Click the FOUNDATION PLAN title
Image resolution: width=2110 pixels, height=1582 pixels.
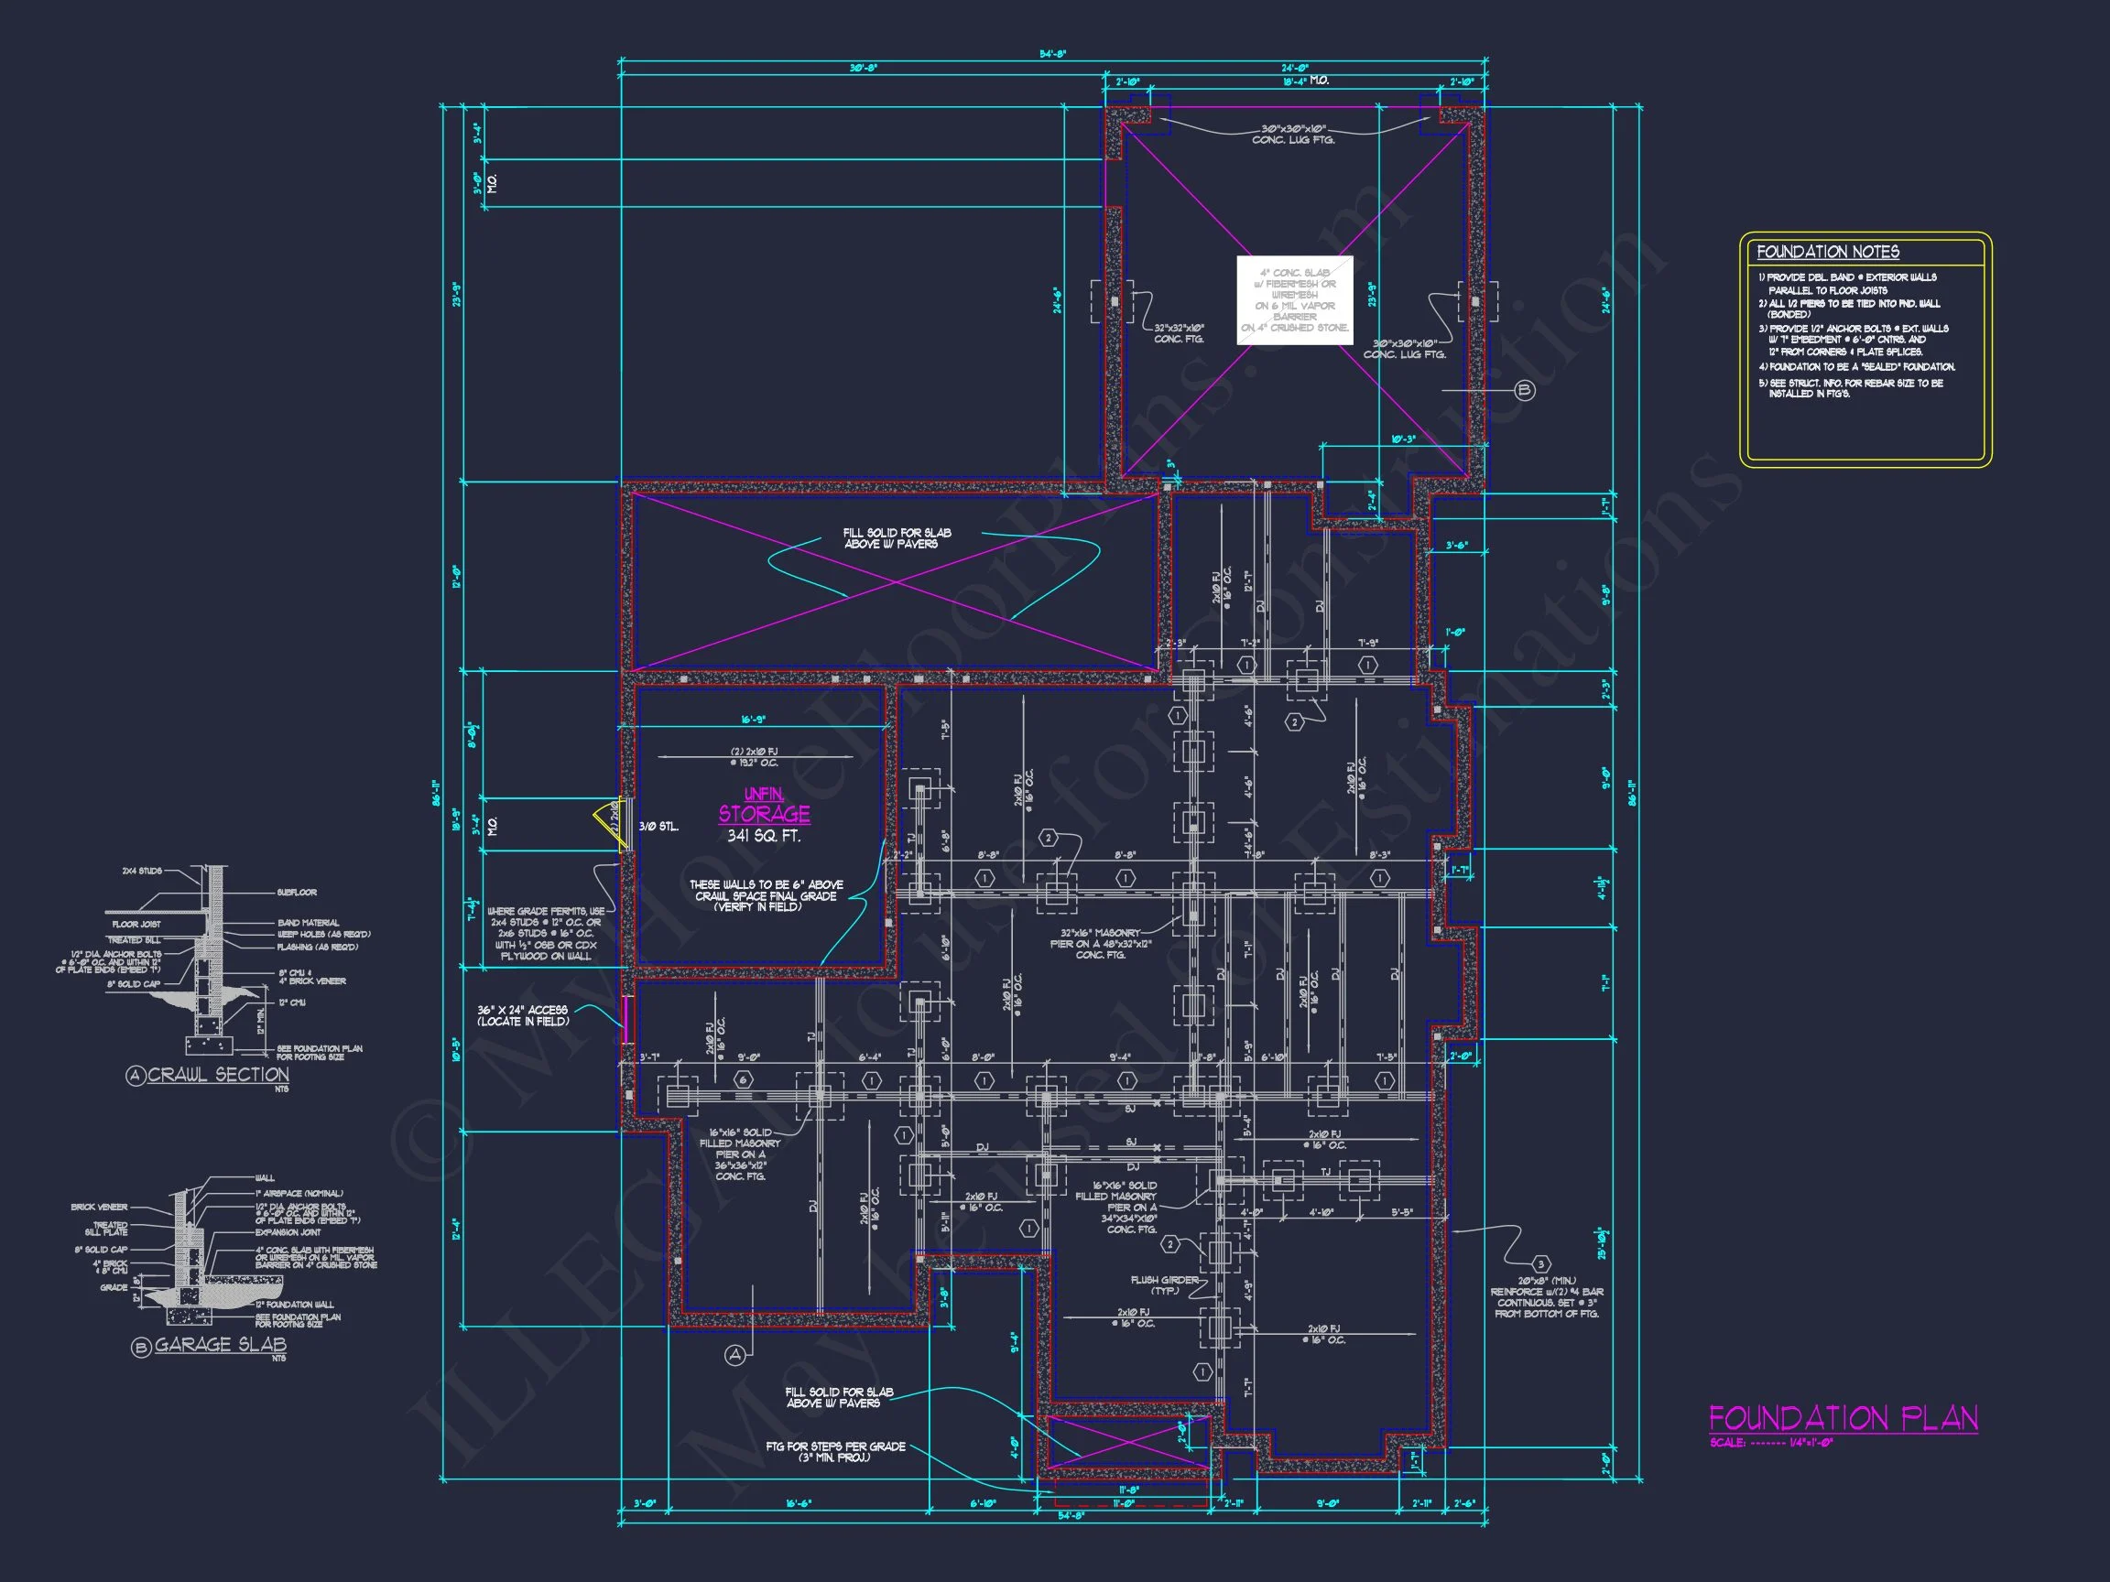[1842, 1418]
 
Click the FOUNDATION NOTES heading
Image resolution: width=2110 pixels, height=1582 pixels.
[1827, 252]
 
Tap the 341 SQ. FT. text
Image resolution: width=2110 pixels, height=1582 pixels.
[763, 836]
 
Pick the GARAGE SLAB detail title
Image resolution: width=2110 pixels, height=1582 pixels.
[220, 1345]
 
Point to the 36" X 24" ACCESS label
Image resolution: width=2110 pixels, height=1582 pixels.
[524, 1015]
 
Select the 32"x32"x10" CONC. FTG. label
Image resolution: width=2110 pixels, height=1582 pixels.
[1179, 333]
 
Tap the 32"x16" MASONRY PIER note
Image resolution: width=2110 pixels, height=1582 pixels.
[1101, 943]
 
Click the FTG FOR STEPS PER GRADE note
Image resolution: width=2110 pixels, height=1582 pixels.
[834, 1451]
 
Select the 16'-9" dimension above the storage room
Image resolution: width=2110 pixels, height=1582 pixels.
[754, 720]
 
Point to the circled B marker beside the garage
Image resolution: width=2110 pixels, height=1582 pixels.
[1524, 390]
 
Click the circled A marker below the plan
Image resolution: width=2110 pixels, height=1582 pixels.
[734, 1354]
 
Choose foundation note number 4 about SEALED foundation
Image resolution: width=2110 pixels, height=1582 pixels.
[1856, 367]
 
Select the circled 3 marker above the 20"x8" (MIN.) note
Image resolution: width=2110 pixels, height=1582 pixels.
[1542, 1264]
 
